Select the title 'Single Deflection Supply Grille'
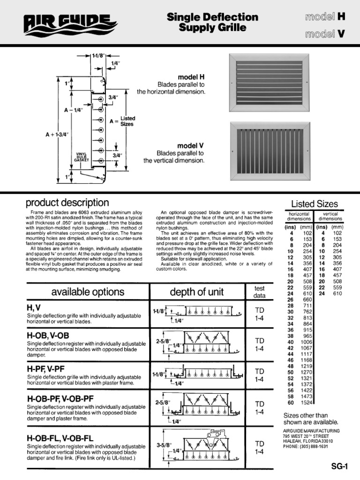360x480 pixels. tap(212, 22)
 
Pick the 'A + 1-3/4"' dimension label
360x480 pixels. tap(57, 135)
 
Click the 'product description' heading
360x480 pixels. tap(67, 203)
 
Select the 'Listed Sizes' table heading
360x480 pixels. tap(314, 203)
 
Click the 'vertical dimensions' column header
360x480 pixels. tap(330, 216)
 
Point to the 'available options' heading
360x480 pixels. tap(88, 292)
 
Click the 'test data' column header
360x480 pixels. tap(259, 292)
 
